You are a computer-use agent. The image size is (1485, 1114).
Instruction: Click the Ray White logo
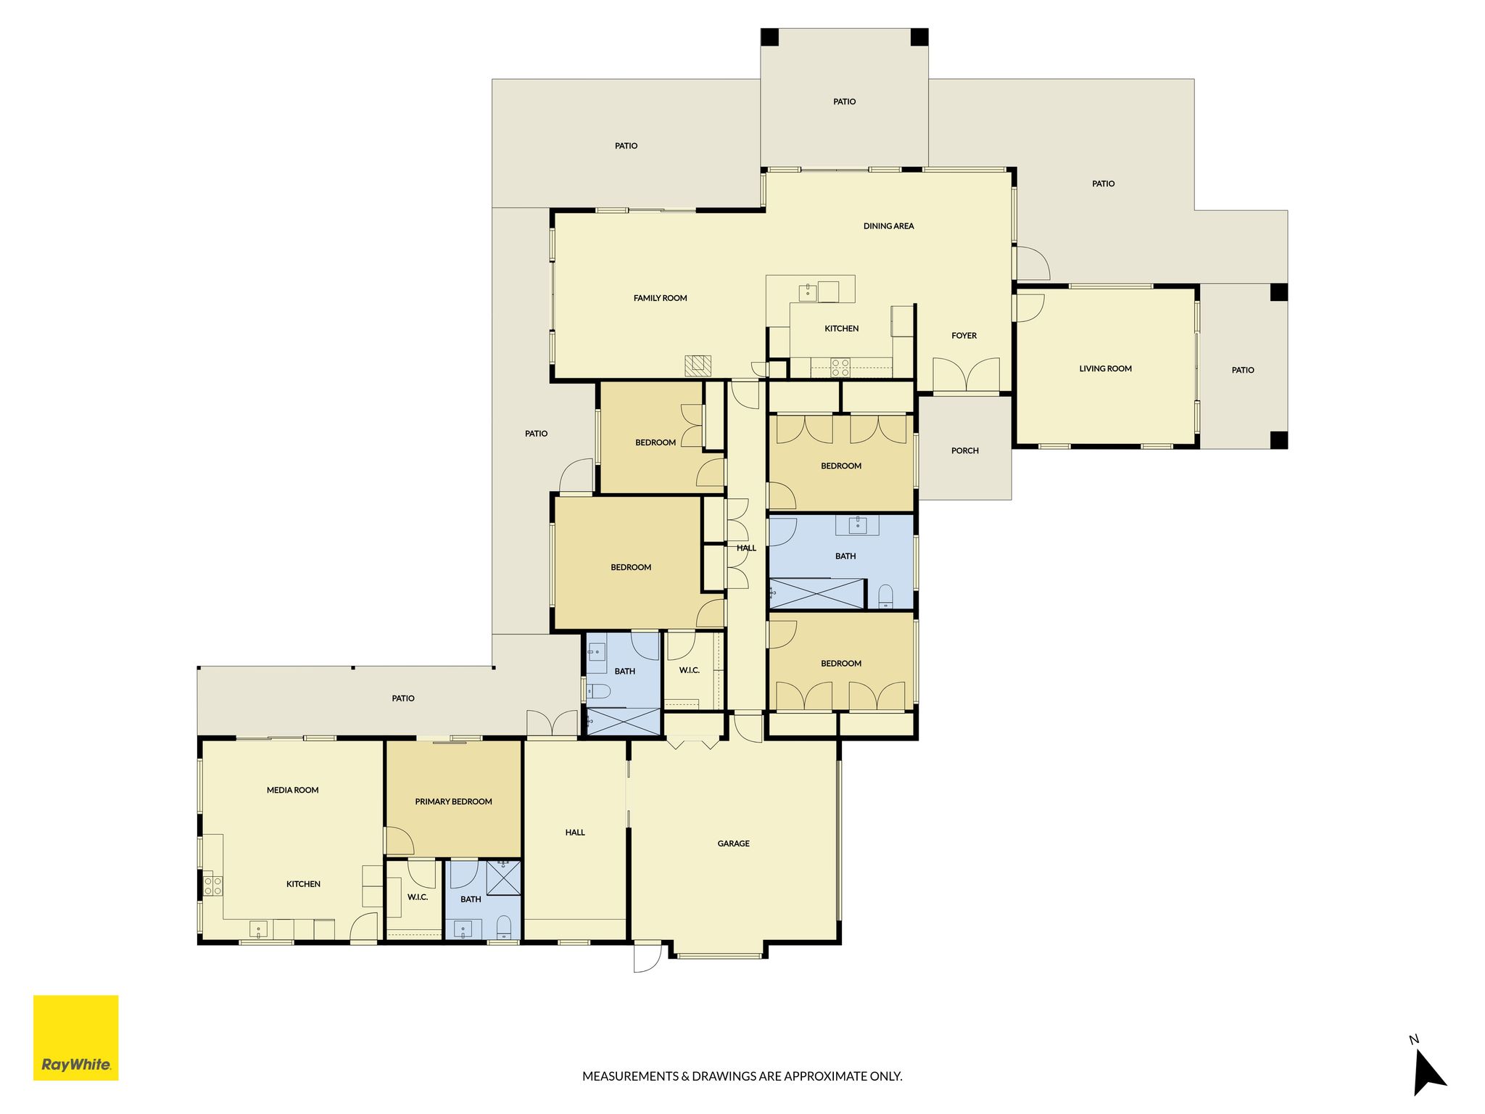click(75, 1038)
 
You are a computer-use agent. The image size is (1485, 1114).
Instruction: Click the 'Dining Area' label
click(888, 226)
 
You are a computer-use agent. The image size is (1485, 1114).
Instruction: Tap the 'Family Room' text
click(660, 298)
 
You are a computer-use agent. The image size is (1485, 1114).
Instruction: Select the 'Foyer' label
click(964, 336)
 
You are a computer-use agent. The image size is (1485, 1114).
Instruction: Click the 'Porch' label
click(964, 451)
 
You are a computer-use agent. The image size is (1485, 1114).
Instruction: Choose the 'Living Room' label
click(1105, 368)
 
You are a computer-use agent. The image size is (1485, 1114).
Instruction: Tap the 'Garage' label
click(733, 843)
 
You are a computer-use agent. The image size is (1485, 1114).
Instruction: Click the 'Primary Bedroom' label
click(453, 801)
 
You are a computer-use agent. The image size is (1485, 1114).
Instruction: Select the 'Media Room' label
click(292, 790)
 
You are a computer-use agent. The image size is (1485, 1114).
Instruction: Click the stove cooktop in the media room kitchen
click(212, 886)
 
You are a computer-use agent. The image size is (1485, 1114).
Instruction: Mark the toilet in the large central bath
click(885, 596)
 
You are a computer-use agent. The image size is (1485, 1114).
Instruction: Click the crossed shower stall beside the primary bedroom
click(504, 878)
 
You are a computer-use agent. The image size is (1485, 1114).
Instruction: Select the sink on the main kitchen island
click(807, 292)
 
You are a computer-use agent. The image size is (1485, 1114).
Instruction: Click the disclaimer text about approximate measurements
click(742, 1076)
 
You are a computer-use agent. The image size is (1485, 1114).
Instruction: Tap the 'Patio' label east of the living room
click(1242, 370)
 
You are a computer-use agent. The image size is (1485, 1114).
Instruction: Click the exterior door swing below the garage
click(648, 957)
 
